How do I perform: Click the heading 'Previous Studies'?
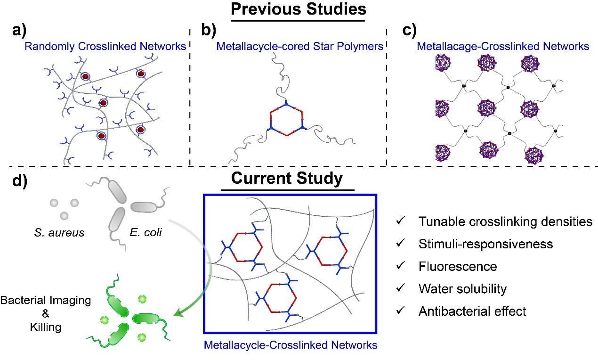[299, 9]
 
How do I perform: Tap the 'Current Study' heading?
[287, 180]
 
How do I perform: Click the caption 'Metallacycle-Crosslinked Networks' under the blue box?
[291, 345]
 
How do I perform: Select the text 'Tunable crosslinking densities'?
[505, 221]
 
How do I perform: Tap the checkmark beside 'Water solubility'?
[400, 289]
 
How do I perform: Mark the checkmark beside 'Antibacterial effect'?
[400, 311]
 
